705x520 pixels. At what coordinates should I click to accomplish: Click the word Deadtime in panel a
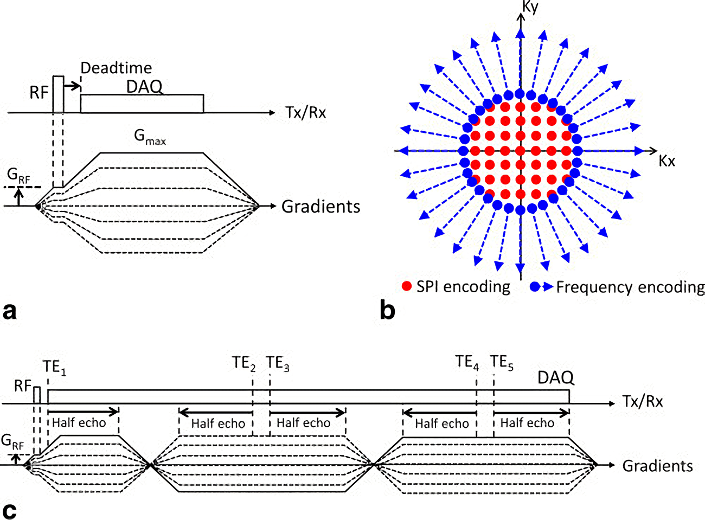click(116, 68)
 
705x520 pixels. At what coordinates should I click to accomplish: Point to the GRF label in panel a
click(18, 175)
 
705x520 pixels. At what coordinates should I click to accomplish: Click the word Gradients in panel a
click(321, 207)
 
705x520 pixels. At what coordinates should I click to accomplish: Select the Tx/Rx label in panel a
click(305, 112)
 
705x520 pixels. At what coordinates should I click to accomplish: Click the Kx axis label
click(666, 161)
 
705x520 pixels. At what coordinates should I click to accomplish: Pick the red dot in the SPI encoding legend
click(407, 286)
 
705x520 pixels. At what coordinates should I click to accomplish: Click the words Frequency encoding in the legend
click(630, 287)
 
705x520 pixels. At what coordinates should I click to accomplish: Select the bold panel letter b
click(387, 311)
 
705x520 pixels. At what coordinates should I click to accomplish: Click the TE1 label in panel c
click(54, 367)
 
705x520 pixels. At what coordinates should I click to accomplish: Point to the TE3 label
click(278, 363)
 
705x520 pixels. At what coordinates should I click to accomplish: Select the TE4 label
click(467, 362)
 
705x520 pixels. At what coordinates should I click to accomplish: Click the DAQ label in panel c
click(555, 377)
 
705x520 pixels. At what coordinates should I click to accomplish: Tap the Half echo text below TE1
click(79, 422)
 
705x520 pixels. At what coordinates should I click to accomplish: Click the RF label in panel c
click(23, 386)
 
